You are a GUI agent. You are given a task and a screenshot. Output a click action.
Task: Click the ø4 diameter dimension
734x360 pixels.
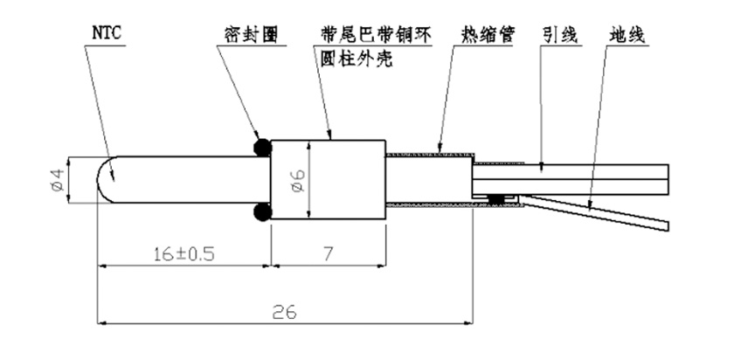57,180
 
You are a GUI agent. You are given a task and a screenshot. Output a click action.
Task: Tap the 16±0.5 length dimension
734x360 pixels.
180,254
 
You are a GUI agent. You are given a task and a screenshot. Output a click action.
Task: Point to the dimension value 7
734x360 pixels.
328,254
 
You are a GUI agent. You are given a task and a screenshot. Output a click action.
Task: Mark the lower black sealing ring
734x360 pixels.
260,212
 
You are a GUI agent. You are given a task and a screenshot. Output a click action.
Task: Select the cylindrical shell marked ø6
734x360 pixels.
350,180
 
